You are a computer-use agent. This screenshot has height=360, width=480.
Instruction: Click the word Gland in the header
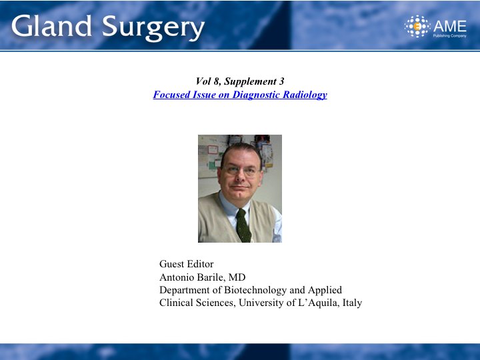coord(51,26)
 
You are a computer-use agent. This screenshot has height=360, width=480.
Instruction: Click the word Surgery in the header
coord(153,28)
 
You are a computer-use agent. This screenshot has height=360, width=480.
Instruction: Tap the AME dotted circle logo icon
coord(417,26)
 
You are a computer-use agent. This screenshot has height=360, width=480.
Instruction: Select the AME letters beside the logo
coord(450,26)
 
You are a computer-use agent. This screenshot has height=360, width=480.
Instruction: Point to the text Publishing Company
coord(450,36)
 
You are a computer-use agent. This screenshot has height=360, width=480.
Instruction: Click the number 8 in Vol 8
coord(217,81)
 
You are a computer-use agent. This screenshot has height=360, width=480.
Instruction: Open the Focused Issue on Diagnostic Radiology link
coord(240,95)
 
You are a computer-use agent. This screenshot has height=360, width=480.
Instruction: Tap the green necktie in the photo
coord(243,225)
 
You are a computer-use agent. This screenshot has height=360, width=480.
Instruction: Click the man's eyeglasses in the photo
coord(241,170)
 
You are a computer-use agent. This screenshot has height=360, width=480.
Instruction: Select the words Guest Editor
coord(187,264)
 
